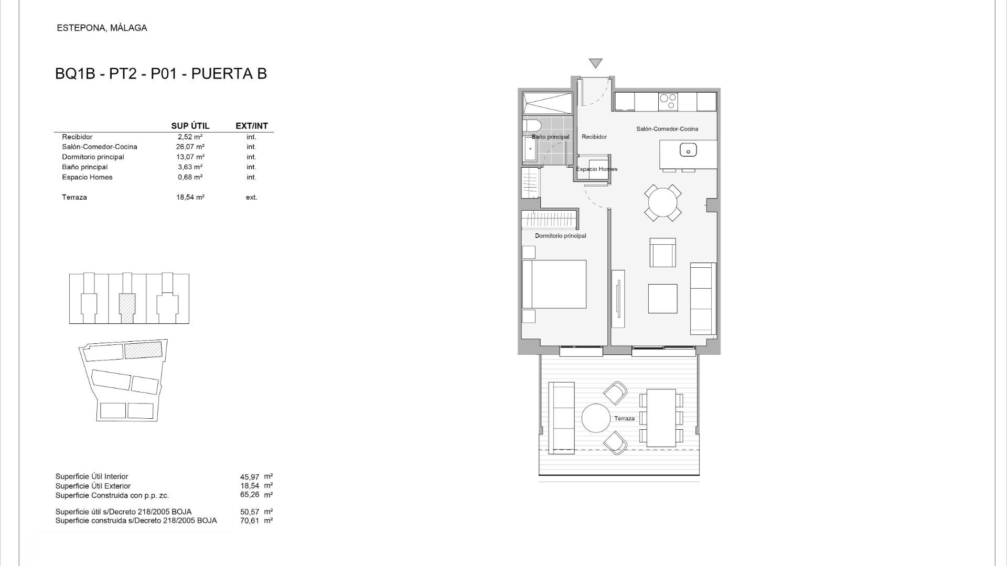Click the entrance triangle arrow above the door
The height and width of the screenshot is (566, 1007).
[x=595, y=63]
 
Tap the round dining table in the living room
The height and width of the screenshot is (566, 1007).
[x=663, y=202]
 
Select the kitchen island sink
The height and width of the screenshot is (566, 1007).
[x=688, y=150]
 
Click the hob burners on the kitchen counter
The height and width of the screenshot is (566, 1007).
[x=668, y=101]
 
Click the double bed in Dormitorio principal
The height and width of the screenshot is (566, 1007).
[x=554, y=284]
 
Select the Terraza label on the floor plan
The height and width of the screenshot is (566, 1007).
[x=624, y=418]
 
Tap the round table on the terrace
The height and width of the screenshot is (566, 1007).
[x=596, y=418]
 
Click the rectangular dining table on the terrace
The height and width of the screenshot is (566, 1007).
[x=661, y=418]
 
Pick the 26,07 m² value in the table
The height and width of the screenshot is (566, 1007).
[x=190, y=147]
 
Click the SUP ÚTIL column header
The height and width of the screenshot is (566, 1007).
[x=190, y=126]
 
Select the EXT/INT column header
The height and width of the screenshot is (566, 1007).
[x=252, y=126]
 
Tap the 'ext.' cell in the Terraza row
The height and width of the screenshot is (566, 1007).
[x=252, y=198]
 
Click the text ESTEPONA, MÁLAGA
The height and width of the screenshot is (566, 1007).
[x=102, y=28]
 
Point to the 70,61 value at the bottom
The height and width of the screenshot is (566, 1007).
[x=250, y=521]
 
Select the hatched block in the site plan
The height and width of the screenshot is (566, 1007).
[x=143, y=350]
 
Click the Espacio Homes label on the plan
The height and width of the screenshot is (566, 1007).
[x=596, y=169]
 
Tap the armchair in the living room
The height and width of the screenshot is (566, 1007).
[x=663, y=253]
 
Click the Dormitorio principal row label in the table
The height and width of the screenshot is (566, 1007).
[x=93, y=157]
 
